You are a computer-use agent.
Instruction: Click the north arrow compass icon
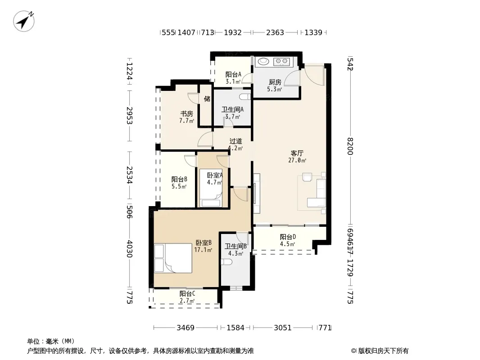[23, 21]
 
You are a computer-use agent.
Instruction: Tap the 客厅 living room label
[297, 153]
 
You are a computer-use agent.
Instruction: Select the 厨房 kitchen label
[275, 82]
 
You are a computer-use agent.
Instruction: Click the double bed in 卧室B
[173, 258]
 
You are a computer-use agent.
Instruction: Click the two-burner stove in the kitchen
[281, 62]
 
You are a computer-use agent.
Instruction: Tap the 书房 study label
[186, 114]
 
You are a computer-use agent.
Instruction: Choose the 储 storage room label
[207, 99]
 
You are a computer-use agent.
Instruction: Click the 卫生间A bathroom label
[233, 109]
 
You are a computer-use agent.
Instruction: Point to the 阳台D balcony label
[288, 237]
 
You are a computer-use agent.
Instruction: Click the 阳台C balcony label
[187, 294]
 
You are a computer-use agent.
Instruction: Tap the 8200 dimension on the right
[350, 146]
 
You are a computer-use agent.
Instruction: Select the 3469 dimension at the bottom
[186, 328]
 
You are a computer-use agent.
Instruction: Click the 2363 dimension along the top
[275, 32]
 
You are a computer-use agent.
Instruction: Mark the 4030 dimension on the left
[130, 249]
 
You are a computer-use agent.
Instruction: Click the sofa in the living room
[317, 193]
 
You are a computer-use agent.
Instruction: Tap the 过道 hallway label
[235, 141]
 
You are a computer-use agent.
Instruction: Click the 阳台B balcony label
[179, 179]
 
